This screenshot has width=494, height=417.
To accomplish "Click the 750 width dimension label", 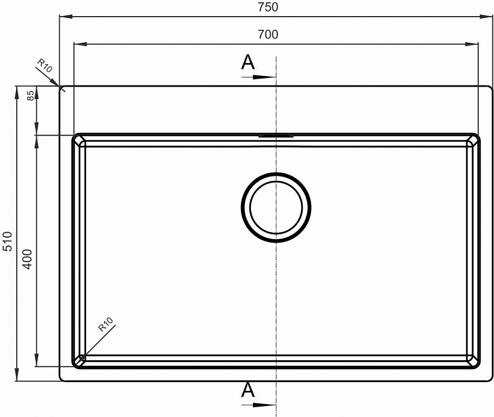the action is tap(268, 7).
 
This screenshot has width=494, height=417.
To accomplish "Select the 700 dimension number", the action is tap(268, 34).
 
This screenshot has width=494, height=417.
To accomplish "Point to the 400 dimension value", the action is tap(28, 259).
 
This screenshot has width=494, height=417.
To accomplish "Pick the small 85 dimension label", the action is tap(30, 95).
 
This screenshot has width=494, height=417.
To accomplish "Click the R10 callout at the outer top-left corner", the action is tap(44, 66).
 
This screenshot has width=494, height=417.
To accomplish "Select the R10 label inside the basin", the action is tap(105, 325).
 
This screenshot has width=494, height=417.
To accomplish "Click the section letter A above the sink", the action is tap(248, 62).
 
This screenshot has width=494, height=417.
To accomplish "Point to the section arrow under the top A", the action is tap(259, 77).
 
